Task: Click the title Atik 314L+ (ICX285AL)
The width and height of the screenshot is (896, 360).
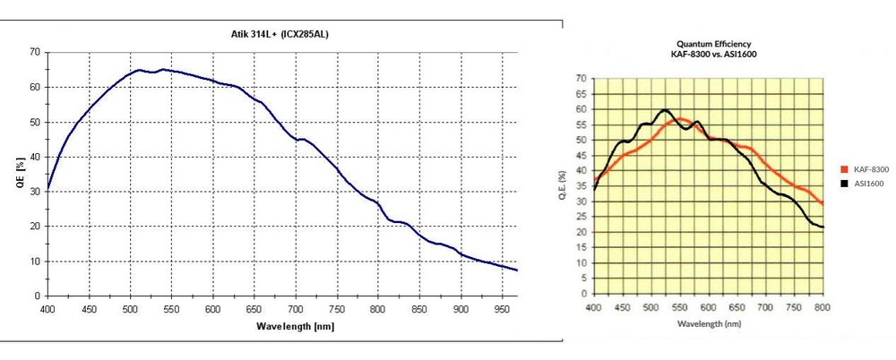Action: [282, 34]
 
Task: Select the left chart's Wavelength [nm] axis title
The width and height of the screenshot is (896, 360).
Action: [282, 326]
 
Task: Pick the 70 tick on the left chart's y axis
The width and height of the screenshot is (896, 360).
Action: [34, 52]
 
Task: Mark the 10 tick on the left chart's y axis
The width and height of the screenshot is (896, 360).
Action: [34, 261]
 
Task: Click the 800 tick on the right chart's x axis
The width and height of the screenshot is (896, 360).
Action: [823, 306]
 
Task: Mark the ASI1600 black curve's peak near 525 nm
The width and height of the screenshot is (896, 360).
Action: [664, 110]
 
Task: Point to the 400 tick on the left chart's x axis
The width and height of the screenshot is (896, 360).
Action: [47, 309]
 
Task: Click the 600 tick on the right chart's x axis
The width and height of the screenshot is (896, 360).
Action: [708, 306]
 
